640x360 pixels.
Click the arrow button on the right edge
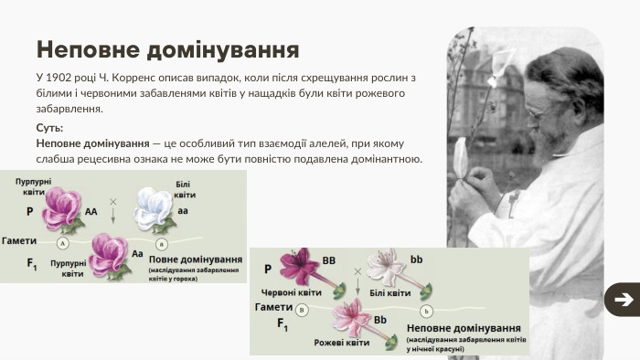click(623, 300)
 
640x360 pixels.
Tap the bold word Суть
click(49, 128)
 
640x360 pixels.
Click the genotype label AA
click(91, 211)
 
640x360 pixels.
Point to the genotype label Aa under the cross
click(138, 253)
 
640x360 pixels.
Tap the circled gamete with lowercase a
click(162, 244)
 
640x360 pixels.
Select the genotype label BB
click(328, 260)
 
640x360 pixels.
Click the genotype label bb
click(416, 260)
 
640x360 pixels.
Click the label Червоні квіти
click(289, 293)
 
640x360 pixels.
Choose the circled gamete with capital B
click(302, 310)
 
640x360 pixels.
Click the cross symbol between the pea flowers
click(113, 200)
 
